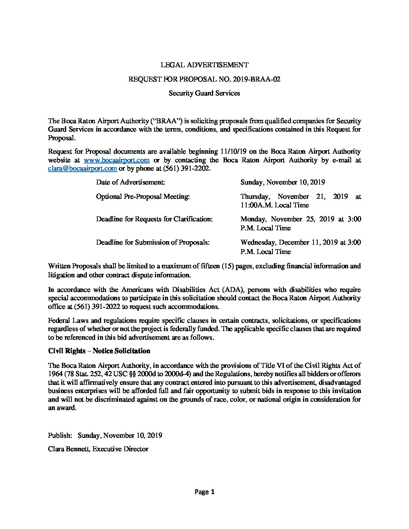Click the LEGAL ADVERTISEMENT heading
[x=204, y=65]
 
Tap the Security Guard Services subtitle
[x=204, y=93]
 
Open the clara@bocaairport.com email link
[x=82, y=169]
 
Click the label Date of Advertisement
[x=130, y=182]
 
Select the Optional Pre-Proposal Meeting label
[x=142, y=196]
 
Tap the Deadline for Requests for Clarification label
[x=154, y=219]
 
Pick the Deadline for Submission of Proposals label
[x=153, y=242]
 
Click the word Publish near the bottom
[x=60, y=435]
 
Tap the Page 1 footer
[x=204, y=492]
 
